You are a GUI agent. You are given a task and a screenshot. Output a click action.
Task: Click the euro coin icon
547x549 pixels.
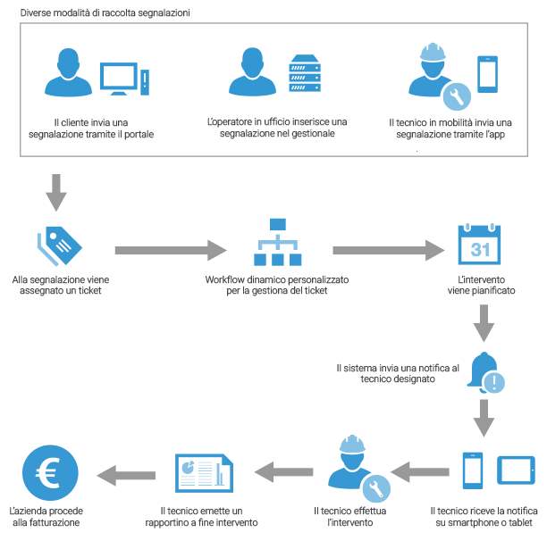(x=50, y=472)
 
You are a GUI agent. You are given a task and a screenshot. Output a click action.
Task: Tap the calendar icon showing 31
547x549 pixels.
(x=479, y=245)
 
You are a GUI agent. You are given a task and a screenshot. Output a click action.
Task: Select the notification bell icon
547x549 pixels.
(x=485, y=372)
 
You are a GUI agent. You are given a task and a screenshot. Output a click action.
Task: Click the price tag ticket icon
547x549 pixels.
(x=60, y=245)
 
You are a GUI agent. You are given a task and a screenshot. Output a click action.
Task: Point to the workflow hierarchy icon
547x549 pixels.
(x=278, y=242)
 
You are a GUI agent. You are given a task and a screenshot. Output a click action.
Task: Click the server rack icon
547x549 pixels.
(x=305, y=73)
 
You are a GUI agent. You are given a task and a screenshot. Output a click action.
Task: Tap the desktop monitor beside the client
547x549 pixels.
(x=119, y=79)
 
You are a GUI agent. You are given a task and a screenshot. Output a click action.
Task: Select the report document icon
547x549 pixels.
(x=204, y=473)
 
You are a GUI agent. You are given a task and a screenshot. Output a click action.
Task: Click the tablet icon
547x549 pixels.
(x=516, y=470)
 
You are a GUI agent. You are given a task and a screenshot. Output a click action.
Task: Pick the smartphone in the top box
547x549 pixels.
(x=487, y=74)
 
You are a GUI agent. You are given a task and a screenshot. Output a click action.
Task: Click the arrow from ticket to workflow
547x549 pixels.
(x=171, y=250)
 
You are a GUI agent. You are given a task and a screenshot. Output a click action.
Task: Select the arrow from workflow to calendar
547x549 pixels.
(x=389, y=250)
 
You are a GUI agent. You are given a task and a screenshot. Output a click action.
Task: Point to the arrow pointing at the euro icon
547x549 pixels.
(x=126, y=475)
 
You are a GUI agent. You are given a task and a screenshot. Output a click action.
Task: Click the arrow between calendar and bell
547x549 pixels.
(x=484, y=323)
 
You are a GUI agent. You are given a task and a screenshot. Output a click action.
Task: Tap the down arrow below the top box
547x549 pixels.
(x=56, y=193)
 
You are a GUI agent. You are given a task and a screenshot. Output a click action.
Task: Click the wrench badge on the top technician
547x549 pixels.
(x=457, y=96)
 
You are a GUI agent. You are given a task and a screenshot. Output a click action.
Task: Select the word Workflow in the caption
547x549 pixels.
(x=224, y=279)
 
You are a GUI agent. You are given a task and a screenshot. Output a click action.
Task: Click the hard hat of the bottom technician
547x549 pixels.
(x=353, y=444)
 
